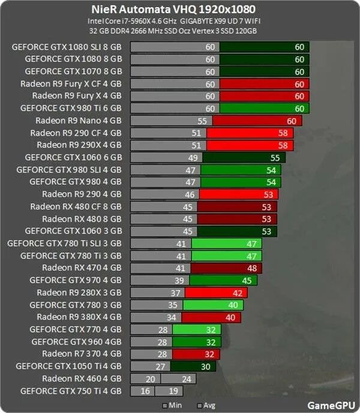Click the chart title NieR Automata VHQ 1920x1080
(181, 9)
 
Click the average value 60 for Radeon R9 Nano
(291, 121)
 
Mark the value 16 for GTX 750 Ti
(145, 391)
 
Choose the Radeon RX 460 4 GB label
(82, 378)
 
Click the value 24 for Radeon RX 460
(185, 378)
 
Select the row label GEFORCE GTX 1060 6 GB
(73, 158)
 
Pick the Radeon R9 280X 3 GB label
(79, 293)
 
